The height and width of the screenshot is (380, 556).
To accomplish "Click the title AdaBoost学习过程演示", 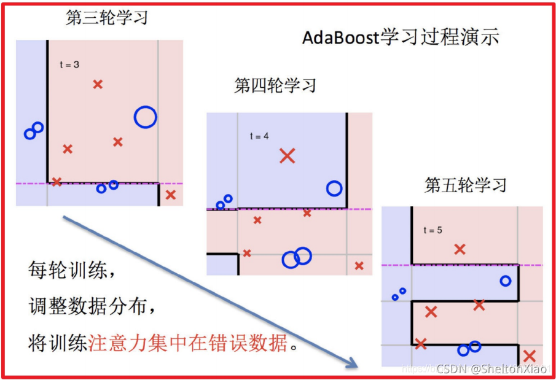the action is (x=401, y=38).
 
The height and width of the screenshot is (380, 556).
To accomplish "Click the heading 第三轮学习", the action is (x=107, y=18).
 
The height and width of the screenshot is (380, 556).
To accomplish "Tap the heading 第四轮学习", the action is (x=275, y=85).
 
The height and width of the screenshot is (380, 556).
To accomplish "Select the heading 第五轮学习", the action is (x=465, y=185).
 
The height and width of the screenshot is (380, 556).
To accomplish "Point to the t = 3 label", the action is (x=69, y=64).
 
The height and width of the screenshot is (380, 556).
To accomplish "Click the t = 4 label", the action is (x=259, y=136).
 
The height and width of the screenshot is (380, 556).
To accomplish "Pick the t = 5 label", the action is (x=433, y=230).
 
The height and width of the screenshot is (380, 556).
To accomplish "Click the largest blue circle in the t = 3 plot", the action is (x=146, y=117).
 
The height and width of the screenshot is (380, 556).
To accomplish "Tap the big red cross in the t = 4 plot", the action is (x=287, y=156).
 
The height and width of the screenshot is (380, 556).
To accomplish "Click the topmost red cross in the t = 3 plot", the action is (x=98, y=84).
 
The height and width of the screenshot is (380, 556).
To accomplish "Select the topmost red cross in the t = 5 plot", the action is (x=460, y=249).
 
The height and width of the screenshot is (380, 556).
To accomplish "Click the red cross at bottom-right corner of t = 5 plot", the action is (x=529, y=356).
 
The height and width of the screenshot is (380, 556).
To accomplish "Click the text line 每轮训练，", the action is (x=71, y=269).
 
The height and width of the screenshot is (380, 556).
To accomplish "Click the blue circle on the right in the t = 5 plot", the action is (x=505, y=281).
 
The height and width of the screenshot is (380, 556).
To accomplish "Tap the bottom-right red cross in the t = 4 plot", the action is (x=359, y=266).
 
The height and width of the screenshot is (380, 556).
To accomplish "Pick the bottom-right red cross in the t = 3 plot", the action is (x=170, y=195).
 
